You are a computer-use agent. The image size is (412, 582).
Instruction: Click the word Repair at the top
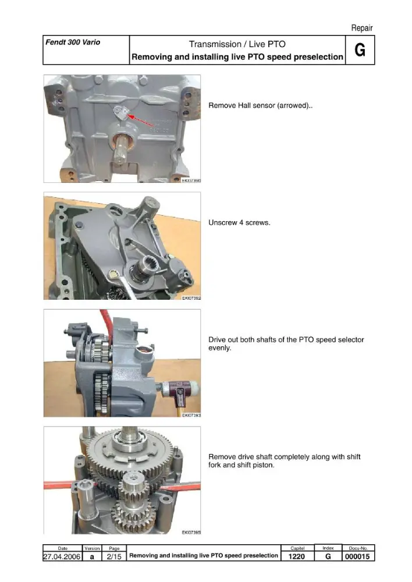361,28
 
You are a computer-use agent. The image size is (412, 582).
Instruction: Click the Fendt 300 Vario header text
73,42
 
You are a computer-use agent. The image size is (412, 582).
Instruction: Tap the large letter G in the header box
360,50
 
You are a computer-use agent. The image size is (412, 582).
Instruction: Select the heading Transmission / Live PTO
237,44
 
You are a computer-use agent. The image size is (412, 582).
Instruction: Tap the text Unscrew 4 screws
239,223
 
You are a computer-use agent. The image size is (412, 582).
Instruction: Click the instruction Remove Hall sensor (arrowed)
261,105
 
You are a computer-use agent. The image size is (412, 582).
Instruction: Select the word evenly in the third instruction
220,348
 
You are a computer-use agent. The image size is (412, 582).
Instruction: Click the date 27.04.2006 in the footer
62,556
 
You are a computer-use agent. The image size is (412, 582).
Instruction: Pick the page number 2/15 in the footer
114,556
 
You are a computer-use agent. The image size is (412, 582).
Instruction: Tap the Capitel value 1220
297,556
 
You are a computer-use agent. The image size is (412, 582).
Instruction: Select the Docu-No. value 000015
357,556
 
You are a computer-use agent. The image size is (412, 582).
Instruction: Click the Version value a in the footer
92,557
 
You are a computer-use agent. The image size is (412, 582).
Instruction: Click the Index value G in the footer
328,556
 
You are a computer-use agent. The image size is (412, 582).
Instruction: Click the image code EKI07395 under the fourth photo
191,533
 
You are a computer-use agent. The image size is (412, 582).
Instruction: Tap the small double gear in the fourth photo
132,501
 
